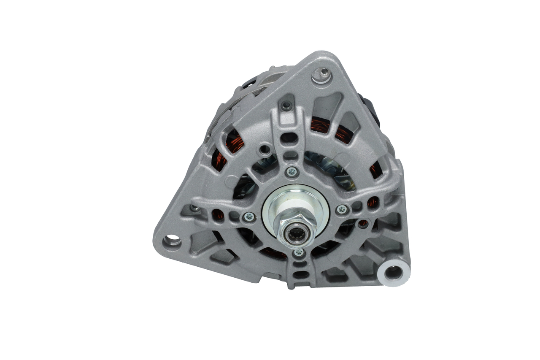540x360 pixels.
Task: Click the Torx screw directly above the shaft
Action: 292,172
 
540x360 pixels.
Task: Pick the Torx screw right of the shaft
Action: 342,209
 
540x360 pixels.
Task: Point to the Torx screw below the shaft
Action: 299,252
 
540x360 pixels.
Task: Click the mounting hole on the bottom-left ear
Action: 172,241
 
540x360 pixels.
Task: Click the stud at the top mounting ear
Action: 323,75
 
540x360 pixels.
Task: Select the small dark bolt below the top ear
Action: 286,105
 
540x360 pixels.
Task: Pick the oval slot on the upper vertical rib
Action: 290,138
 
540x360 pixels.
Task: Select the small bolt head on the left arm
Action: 194,208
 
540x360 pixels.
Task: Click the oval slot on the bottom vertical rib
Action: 300,275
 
